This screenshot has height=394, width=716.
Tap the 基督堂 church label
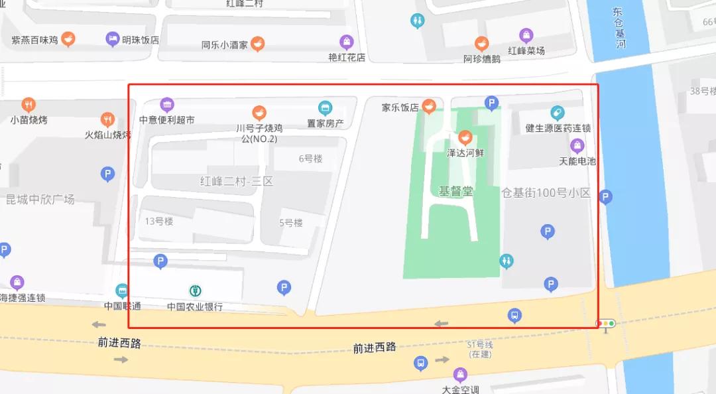click(456, 191)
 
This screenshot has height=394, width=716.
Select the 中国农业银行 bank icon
click(196, 291)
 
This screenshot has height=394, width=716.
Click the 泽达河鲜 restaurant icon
click(465, 138)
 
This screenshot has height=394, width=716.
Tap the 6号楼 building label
click(310, 159)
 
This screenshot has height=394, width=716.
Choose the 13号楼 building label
click(159, 221)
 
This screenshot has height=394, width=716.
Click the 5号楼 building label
click(290, 223)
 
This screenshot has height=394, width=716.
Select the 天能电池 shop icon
click(577, 145)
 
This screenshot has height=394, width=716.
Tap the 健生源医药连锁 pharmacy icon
click(558, 113)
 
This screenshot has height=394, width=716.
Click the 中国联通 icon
click(122, 291)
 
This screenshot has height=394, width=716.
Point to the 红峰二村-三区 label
click(237, 180)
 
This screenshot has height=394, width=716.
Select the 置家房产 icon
click(325, 107)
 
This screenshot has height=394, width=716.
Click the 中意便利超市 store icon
click(167, 105)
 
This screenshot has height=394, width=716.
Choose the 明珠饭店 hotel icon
click(113, 39)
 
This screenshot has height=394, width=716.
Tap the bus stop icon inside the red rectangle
click(514, 316)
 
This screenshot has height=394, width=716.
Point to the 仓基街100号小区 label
click(546, 193)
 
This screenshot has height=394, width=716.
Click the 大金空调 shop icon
click(460, 375)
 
